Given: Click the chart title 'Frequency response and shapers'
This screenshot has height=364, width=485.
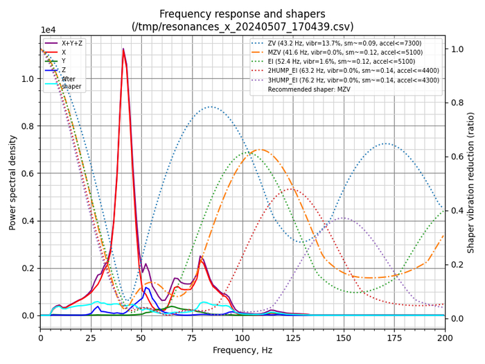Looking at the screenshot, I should coord(242,14).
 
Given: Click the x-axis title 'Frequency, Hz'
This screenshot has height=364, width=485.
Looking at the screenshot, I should coord(242,351).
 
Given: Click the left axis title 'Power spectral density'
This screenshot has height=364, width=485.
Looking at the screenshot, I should coord(12,182).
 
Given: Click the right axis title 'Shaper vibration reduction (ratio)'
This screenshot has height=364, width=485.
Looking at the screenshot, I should coord(470,182).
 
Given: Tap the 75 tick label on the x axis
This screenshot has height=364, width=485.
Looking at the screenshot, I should coord(192,338).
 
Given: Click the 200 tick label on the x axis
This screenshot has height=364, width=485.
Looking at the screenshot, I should coord(445,338).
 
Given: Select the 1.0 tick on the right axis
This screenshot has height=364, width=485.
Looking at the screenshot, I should coord(458,49).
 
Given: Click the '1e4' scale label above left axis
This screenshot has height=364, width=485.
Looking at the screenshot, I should coord(48,30).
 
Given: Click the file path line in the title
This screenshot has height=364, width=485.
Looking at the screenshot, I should coord(242,26).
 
